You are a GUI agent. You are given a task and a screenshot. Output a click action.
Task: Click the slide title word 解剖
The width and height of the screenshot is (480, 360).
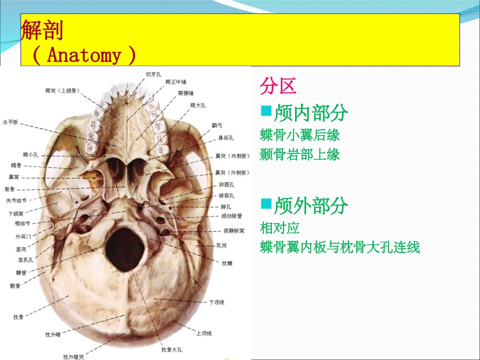[42, 31]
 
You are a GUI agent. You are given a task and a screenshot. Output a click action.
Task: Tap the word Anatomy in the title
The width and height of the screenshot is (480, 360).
[84, 55]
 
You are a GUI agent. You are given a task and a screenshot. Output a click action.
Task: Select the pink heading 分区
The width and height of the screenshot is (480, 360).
[277, 86]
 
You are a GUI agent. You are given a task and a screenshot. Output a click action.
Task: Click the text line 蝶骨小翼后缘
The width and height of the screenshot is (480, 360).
[300, 135]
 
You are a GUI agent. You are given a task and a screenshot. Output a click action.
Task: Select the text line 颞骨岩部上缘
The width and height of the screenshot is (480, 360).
[300, 155]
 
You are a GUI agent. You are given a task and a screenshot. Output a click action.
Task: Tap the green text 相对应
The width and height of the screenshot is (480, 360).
[280, 228]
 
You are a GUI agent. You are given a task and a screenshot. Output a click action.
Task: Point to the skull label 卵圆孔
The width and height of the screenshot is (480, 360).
[226, 185]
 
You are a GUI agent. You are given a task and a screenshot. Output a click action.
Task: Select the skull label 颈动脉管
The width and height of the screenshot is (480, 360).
[231, 216]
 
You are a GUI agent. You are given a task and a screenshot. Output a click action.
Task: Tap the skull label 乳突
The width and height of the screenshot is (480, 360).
[220, 245]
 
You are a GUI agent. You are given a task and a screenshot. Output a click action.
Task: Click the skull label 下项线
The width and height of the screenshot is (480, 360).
[216, 302]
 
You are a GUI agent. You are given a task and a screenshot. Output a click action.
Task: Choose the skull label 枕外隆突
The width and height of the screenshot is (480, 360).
[74, 357]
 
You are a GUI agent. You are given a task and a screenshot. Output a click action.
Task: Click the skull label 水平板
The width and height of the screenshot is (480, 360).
[10, 122]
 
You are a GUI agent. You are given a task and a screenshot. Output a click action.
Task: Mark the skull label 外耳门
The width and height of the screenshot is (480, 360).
[23, 236]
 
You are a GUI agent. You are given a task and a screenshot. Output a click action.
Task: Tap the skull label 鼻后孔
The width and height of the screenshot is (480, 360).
[225, 137]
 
